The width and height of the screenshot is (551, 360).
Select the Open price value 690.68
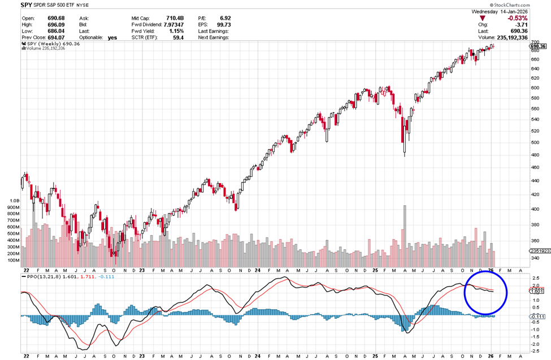[x=56, y=18]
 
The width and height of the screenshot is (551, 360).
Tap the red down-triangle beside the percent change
[x=482, y=18]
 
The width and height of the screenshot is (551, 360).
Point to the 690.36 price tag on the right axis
[x=539, y=46]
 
